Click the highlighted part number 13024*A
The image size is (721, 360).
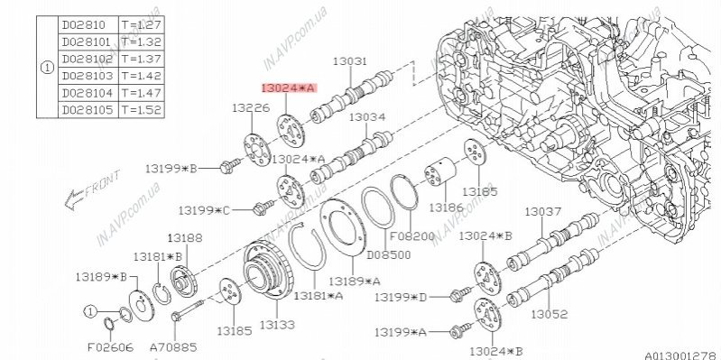[290, 88]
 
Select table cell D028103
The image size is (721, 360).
[88, 76]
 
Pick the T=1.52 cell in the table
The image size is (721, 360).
[141, 110]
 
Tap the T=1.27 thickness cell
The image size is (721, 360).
[141, 25]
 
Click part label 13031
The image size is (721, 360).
[350, 61]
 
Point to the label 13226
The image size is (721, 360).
[251, 108]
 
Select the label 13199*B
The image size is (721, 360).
[171, 169]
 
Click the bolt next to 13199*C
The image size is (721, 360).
[263, 208]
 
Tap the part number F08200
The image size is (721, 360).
[412, 236]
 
